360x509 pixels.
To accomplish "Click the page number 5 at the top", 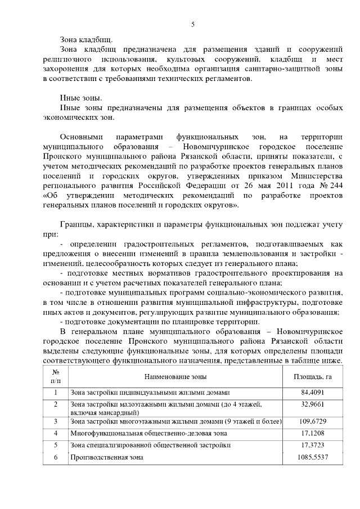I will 192,24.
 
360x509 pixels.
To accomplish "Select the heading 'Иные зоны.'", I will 80,99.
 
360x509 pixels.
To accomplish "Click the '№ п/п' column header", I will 56,376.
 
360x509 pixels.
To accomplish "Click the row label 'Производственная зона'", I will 106,457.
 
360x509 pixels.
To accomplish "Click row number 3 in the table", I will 56,421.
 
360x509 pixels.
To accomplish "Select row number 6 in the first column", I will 56,457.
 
